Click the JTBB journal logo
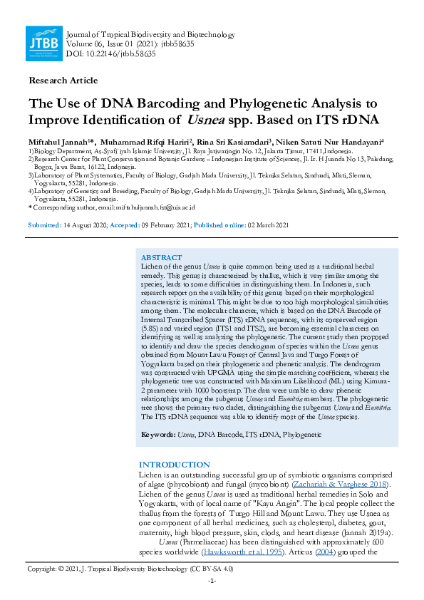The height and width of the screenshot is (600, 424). pyautogui.click(x=43, y=44)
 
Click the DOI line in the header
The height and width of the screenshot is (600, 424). pyautogui.click(x=110, y=54)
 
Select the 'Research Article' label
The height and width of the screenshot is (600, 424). pyautogui.click(x=59, y=81)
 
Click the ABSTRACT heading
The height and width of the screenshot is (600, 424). pyautogui.click(x=161, y=257)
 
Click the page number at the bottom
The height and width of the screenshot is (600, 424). pyautogui.click(x=212, y=581)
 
